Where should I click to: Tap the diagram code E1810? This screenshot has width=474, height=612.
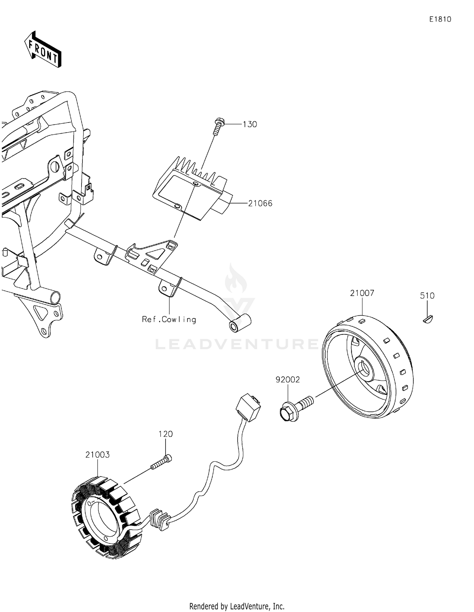coord(440,20)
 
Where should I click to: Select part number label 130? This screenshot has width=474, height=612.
coord(250,124)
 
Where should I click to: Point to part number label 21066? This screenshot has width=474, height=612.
coord(260,204)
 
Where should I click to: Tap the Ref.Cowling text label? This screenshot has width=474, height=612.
coord(169,320)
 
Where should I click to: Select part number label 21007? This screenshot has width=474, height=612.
coord(362,293)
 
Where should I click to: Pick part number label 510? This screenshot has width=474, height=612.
coord(427,296)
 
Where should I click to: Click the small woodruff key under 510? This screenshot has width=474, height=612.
coord(428,319)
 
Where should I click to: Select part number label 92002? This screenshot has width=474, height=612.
coord(288,380)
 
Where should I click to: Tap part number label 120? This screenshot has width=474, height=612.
coord(166,434)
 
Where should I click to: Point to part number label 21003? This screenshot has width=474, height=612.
coord(97,455)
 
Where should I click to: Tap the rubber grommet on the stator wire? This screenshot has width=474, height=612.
coord(160,520)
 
